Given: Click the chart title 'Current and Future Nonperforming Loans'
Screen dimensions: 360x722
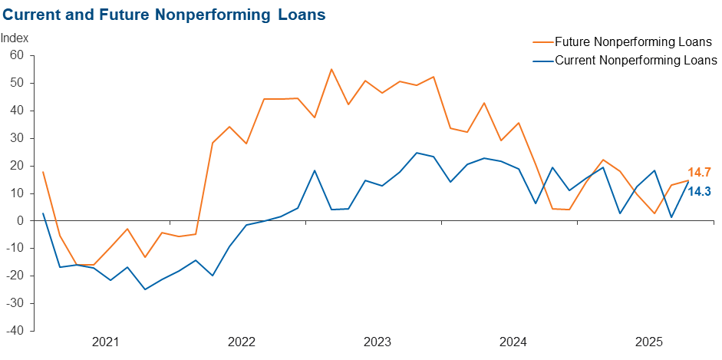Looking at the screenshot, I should click(163, 14).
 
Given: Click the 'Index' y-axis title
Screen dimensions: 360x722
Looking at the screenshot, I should click(15, 38).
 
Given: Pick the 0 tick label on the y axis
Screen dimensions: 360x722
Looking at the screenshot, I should click(21, 221).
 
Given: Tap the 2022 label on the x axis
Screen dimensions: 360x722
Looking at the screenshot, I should click(241, 342).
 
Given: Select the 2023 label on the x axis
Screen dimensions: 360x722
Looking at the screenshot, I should click(377, 342).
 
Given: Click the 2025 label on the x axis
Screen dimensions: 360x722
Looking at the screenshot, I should click(648, 342).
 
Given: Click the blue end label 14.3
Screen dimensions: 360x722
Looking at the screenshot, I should click(700, 192).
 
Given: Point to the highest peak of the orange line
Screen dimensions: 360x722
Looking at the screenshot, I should click(331, 69).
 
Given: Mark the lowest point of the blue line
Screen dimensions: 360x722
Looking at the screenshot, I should click(145, 289).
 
